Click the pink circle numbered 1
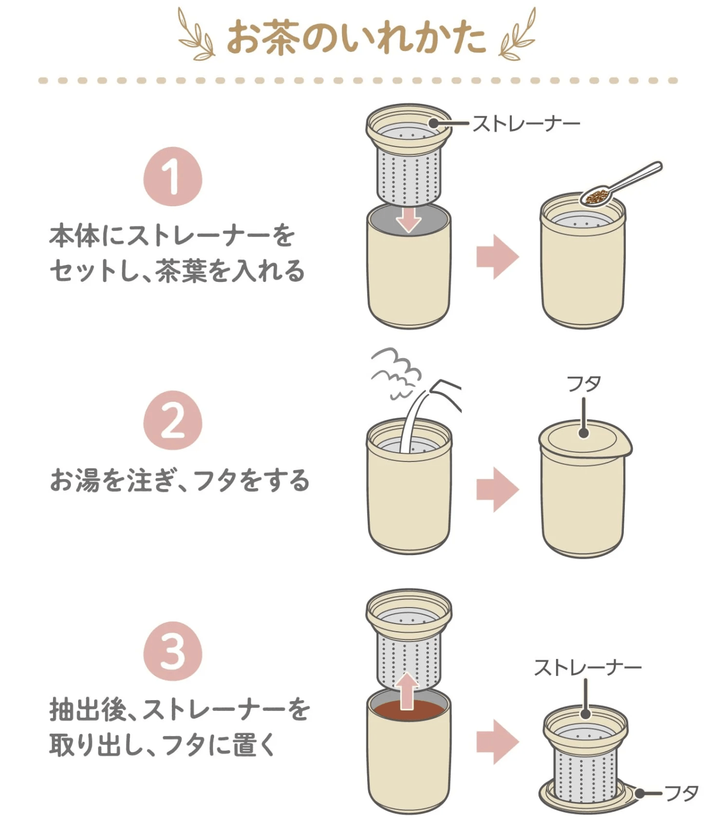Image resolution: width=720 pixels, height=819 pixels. point(172,176)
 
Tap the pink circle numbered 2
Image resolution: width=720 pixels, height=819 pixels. point(172,420)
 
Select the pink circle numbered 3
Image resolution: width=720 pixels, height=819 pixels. point(172,651)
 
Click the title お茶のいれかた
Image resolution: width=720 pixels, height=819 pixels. point(356,38)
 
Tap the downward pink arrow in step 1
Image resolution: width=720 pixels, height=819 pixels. point(409,219)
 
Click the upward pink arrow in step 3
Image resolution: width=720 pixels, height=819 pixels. point(408,689)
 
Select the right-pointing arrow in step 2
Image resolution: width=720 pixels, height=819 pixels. point(497,489)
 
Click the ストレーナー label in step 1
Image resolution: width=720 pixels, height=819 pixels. point(526,123)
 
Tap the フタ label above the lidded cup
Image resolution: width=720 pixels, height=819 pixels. point(583,384)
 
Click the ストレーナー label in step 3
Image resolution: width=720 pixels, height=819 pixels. point(587,667)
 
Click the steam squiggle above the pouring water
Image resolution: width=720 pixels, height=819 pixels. point(396,371)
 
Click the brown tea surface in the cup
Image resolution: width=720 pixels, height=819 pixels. point(409,711)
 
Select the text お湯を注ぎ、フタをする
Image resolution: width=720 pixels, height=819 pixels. point(179,480)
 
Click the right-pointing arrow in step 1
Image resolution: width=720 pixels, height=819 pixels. point(497,257)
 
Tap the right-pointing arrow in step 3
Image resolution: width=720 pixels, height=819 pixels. point(497,741)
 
